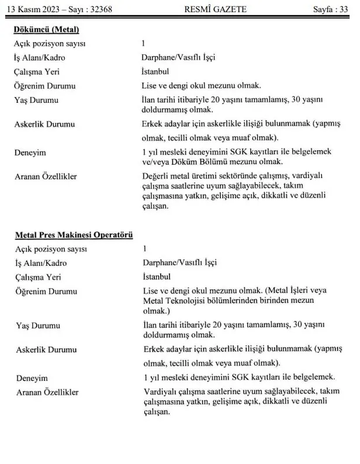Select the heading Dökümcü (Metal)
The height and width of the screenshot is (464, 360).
pos(46,30)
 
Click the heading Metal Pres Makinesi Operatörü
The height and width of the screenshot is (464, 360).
pos(74,236)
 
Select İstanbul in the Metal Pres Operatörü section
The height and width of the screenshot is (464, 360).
pos(157,276)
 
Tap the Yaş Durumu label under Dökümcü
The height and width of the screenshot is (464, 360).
pos(36,101)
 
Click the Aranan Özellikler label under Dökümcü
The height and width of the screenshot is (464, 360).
pos(48,176)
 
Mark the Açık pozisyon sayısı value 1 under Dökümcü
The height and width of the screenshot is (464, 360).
pos(144,44)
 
